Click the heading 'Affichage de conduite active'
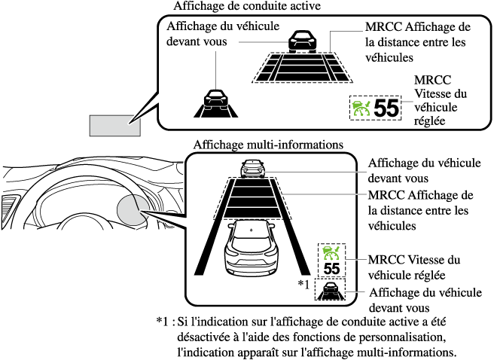point(247,6)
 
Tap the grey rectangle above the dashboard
point(114,125)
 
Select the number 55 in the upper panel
point(386,108)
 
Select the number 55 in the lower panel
point(331,268)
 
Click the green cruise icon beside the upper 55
point(362,108)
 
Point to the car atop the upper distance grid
point(300,40)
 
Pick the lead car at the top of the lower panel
point(249,169)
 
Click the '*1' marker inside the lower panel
point(303,283)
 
